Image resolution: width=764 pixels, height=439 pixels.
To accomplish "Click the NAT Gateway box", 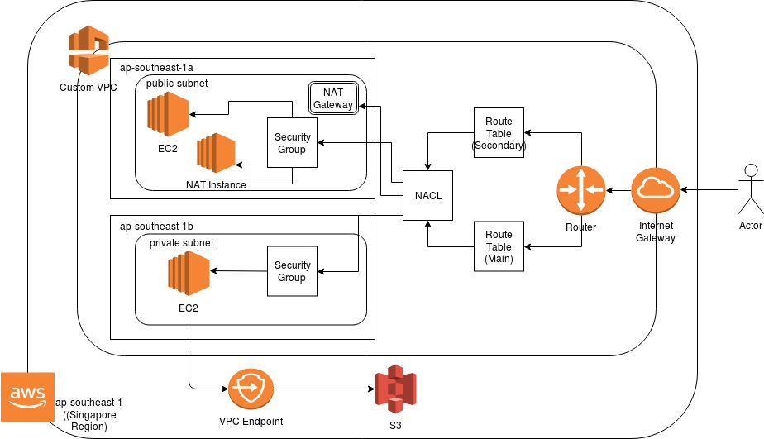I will [333, 99].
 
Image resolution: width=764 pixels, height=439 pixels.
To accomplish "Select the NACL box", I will [428, 196].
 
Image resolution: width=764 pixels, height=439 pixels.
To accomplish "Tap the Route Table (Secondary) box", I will [499, 133].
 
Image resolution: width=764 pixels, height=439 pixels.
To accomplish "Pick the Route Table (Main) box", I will [499, 246].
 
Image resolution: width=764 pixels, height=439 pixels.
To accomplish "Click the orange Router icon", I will [581, 190].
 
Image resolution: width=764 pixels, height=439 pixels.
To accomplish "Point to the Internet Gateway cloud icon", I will [656, 191].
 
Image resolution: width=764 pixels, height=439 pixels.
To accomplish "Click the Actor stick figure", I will [751, 191].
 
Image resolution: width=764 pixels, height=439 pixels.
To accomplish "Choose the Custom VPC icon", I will [88, 51].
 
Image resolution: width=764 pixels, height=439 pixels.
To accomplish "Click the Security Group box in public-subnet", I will [292, 143].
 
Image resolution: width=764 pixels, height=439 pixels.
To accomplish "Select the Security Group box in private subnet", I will [292, 271].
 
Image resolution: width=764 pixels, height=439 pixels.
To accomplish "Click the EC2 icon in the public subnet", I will [168, 114].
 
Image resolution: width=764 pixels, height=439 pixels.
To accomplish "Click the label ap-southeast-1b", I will [157, 226].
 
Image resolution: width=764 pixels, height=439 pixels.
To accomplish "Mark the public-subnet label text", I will [176, 84].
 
